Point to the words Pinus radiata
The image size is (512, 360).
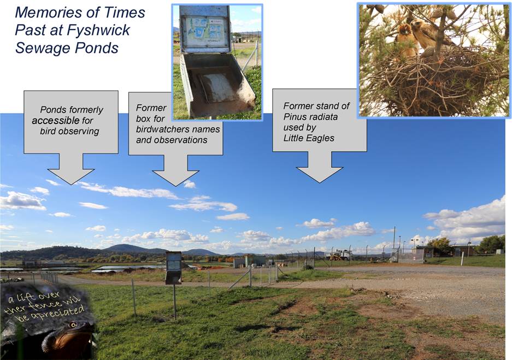click(310, 117)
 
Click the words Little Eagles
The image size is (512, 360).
click(309, 138)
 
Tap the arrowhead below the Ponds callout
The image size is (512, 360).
click(71, 176)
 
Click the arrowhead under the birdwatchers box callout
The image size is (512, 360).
click(175, 178)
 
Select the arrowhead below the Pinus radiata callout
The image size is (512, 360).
click(319, 175)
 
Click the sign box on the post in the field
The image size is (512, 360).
click(173, 268)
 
